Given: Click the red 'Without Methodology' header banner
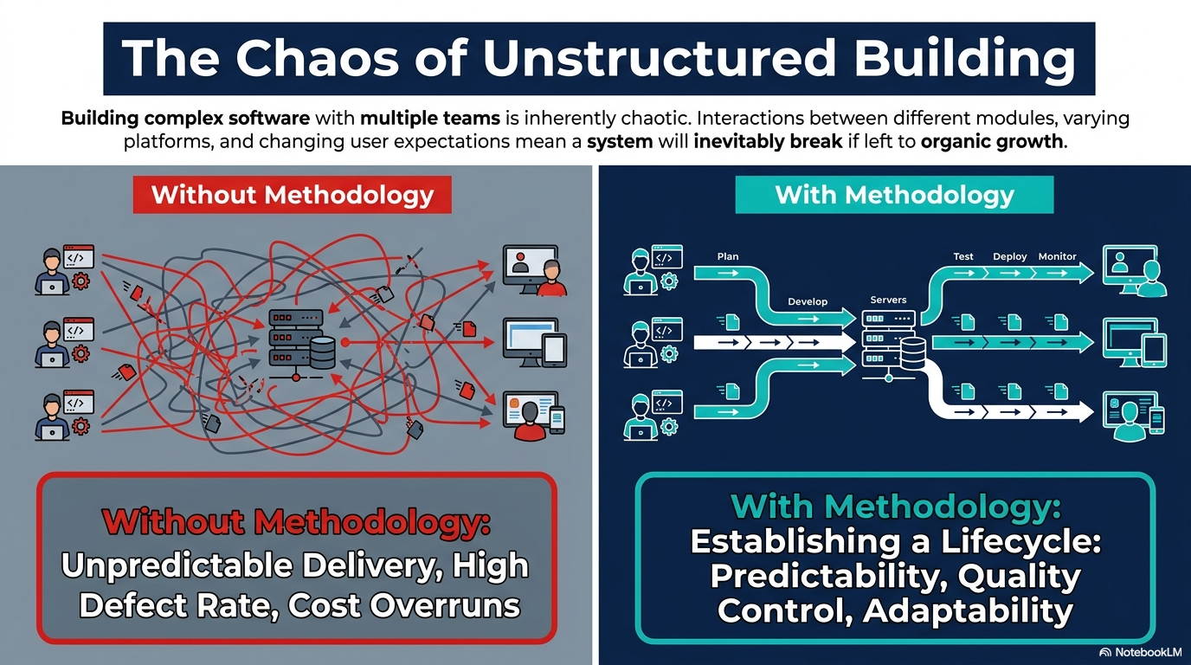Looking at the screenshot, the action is point(292,195).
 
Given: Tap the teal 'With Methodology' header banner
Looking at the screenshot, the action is point(894,195).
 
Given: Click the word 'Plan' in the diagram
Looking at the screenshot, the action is point(727,256).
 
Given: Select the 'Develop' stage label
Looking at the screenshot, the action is point(807,301).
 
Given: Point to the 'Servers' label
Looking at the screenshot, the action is point(888,300).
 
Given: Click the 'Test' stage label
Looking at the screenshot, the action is point(962,256).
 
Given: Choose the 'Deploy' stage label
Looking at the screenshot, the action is point(1010,256).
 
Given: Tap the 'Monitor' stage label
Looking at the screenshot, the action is point(1057,256).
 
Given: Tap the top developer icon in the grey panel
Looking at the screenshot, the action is point(64,270).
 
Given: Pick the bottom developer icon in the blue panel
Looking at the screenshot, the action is point(653,415).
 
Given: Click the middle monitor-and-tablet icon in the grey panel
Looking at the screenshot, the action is point(534,343).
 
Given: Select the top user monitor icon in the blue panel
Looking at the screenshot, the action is point(1135,271).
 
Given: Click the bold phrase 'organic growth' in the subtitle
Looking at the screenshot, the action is point(992,141).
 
